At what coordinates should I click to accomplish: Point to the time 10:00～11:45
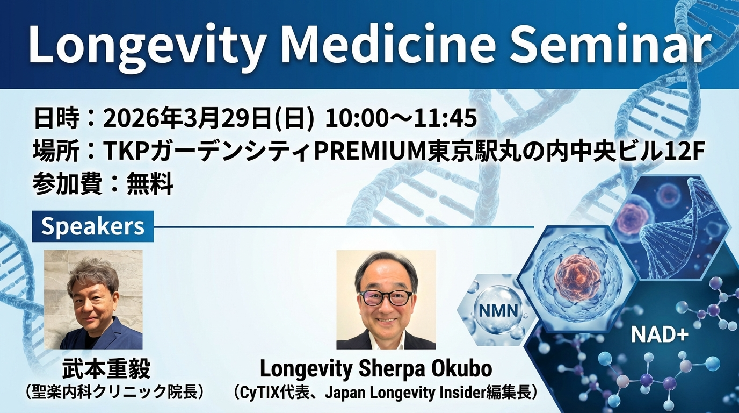coord(401,118)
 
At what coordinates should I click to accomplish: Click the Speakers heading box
coord(93,226)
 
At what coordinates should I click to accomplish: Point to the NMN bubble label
coord(498,311)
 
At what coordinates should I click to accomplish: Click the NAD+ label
coord(660,335)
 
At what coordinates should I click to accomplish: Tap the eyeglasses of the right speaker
coord(386,298)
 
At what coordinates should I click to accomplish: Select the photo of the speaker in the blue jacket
coord(93,300)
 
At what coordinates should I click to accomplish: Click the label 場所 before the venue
coord(55,151)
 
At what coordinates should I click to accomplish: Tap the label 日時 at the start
coord(56,118)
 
